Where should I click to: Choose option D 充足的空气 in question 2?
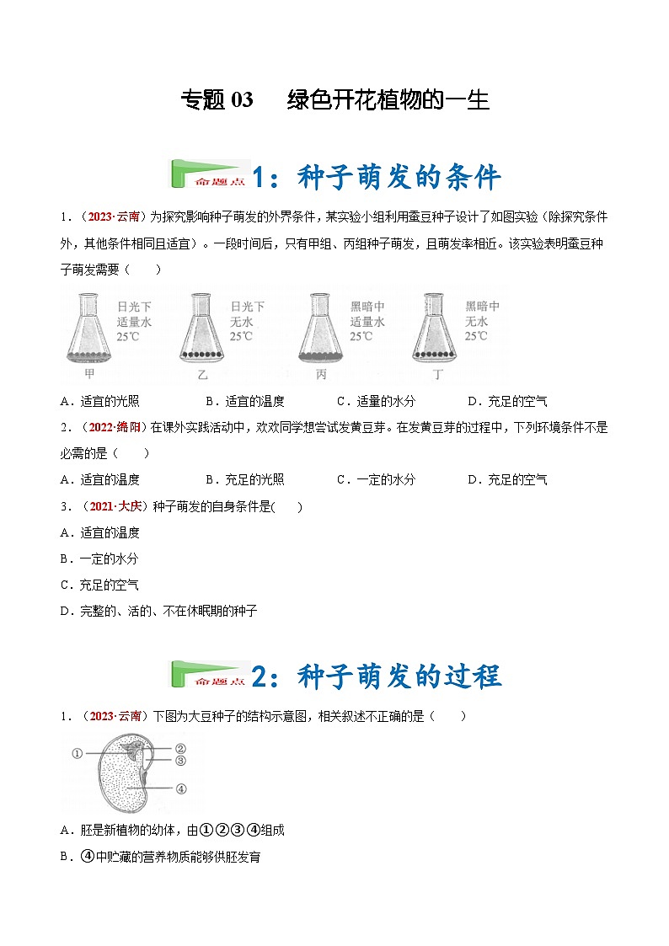pos(507,479)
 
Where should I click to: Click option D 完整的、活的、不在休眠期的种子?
pos(159,611)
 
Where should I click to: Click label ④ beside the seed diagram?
pos(180,788)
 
